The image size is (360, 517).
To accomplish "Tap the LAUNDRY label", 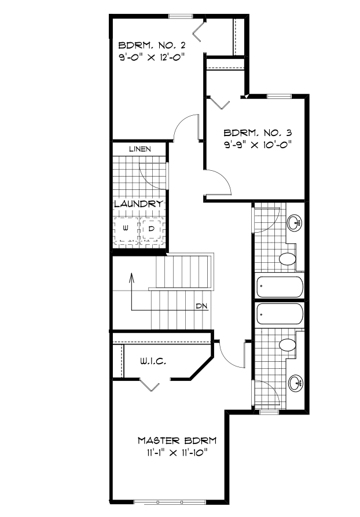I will [x=138, y=204].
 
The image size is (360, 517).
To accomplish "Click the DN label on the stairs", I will [x=201, y=306].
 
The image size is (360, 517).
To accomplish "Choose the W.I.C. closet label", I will [x=153, y=361].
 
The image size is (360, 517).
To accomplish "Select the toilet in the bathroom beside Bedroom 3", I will [x=286, y=259].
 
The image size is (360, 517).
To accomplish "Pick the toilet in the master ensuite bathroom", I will [x=286, y=346].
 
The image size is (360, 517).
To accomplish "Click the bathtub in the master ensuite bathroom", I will [x=280, y=314].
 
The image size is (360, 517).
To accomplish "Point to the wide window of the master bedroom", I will [x=159, y=500].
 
